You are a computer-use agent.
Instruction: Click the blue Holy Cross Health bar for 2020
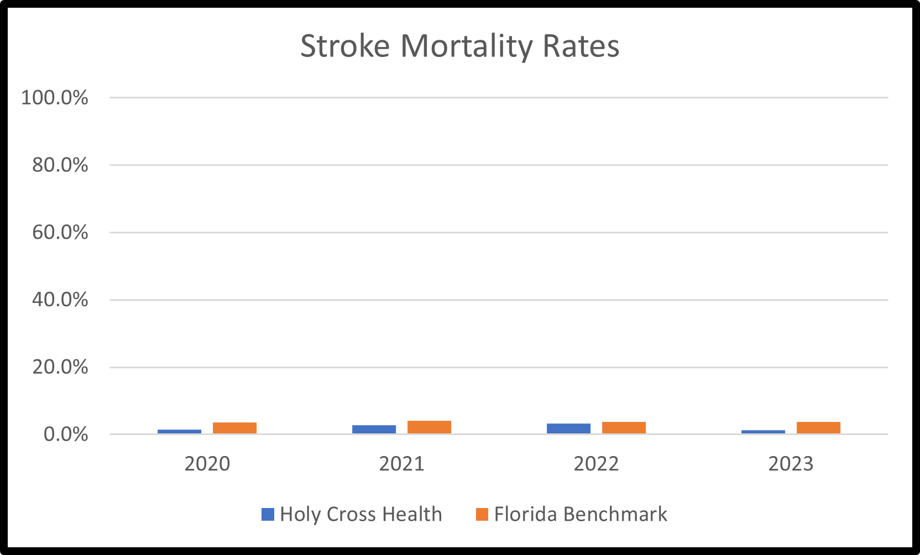coord(179,431)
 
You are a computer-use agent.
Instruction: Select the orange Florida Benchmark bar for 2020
coord(234,428)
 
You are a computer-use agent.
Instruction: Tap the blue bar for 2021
coord(374,429)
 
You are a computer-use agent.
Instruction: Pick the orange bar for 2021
coord(429,427)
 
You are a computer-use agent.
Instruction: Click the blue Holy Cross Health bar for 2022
coord(568,428)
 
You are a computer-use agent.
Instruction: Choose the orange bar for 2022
coord(624,427)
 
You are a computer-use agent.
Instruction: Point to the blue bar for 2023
coord(763,432)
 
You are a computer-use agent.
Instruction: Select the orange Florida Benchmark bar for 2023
coord(818,427)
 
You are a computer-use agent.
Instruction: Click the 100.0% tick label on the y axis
coord(54,98)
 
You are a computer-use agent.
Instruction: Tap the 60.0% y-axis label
coord(60,232)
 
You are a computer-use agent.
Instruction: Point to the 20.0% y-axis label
coord(60,367)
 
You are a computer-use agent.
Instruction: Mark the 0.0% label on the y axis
coord(65,434)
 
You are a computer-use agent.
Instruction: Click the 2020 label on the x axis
coord(207,464)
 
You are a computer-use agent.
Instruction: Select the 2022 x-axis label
coord(596,464)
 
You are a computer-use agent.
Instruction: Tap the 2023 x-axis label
coord(791,464)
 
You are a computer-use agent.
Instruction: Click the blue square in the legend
coord(268,515)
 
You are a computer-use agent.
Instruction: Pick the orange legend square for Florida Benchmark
coord(482,515)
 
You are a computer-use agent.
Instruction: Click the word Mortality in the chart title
coord(466,46)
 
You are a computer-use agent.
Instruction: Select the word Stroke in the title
coord(344,46)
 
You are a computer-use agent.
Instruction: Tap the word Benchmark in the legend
coord(615,515)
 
